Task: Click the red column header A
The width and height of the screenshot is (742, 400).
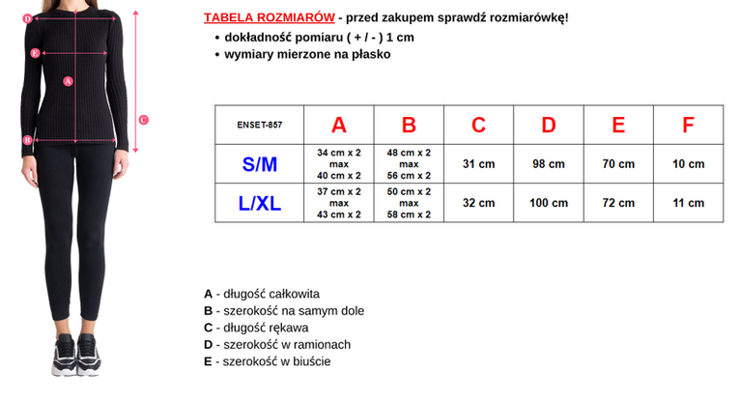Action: [x=338, y=125]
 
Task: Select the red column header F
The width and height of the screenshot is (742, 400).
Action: [x=688, y=125]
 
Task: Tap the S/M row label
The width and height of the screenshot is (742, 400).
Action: [x=259, y=164]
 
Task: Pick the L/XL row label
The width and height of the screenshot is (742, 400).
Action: [x=259, y=203]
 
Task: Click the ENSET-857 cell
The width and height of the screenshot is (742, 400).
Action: [x=259, y=125]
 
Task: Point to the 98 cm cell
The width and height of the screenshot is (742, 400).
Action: [x=549, y=164]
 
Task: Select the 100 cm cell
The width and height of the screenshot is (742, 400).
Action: [x=549, y=203]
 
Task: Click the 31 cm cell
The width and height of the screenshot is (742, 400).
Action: [x=478, y=164]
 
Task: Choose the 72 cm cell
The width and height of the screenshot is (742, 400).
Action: [x=618, y=203]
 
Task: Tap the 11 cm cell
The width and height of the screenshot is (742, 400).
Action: [x=688, y=203]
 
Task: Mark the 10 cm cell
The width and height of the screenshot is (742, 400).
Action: [x=688, y=164]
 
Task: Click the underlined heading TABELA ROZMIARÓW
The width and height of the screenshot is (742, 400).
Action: [x=270, y=18]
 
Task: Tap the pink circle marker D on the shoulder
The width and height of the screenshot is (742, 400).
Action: [x=27, y=18]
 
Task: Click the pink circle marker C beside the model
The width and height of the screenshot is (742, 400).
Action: [x=143, y=120]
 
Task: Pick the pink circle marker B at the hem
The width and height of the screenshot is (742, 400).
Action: [x=27, y=140]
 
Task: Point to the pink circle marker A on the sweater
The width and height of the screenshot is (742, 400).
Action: [x=68, y=81]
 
